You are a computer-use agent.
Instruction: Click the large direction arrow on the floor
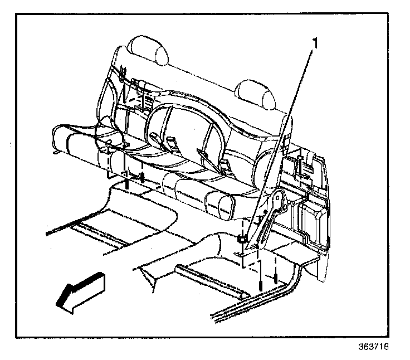tap(81, 290)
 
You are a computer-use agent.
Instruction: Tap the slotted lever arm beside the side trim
tap(267, 223)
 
